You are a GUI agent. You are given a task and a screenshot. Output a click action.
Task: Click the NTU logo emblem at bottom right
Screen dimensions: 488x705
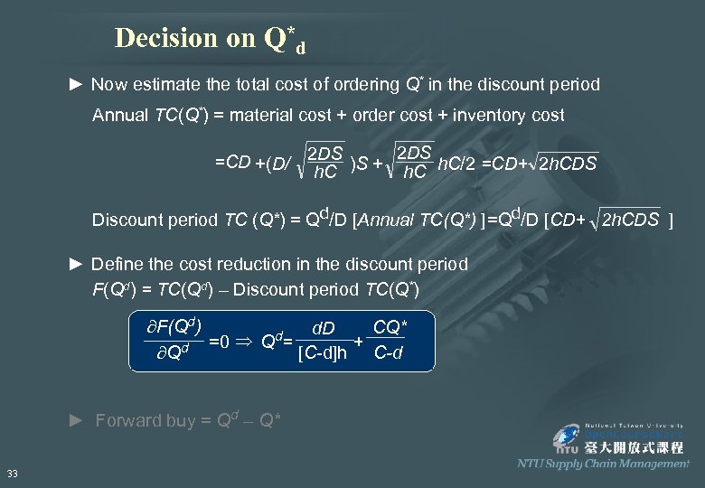pos(568,437)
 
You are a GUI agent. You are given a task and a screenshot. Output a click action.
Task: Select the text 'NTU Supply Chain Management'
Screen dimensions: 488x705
pos(603,464)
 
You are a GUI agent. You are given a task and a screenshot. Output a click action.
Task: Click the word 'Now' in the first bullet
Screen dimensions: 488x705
pos(109,85)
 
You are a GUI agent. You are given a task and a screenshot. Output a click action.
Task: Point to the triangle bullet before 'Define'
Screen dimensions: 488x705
pos(77,265)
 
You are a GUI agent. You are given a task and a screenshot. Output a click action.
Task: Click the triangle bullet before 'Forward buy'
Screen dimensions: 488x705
pos(77,420)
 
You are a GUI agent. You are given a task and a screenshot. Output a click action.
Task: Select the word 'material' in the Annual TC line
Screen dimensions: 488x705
pos(268,115)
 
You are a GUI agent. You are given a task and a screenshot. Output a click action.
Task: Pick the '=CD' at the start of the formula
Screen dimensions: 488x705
pos(232,162)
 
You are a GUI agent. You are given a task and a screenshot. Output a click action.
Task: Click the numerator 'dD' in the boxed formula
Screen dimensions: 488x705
pos(323,327)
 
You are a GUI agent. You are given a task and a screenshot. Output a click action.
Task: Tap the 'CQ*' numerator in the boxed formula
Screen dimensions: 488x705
pos(390,324)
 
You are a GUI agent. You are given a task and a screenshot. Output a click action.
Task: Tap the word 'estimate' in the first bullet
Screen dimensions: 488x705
pos(165,85)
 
